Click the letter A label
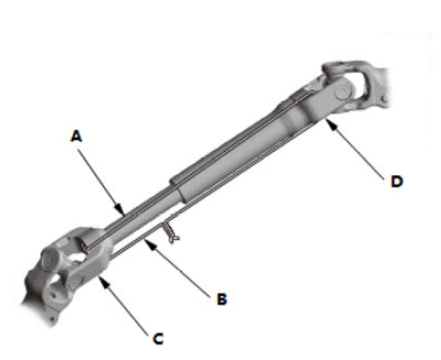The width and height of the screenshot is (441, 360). click(x=76, y=136)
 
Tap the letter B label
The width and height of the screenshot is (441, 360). click(x=222, y=299)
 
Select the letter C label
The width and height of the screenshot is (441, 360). click(x=158, y=339)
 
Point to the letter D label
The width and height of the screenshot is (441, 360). click(x=397, y=181)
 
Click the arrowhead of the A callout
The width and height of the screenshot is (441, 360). click(x=120, y=209)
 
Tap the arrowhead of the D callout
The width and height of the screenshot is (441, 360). click(x=330, y=124)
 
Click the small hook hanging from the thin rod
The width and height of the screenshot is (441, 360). click(x=170, y=232)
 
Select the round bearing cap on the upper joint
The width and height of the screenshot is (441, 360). click(x=344, y=92)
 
